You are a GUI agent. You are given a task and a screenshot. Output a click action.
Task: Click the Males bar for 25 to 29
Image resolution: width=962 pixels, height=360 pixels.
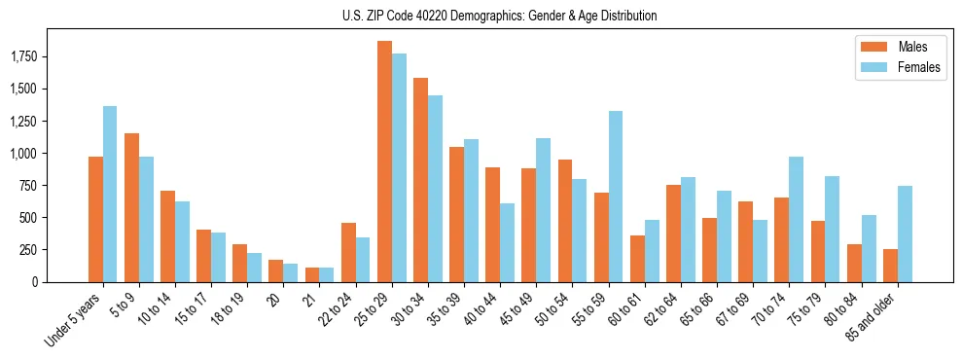click(x=384, y=162)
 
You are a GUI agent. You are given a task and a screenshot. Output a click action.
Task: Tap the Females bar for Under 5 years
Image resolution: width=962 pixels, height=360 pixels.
click(x=110, y=194)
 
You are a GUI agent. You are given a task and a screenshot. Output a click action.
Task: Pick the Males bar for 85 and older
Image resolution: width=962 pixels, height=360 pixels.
click(x=889, y=265)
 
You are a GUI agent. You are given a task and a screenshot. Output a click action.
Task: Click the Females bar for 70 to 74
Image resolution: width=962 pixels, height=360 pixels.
click(x=796, y=219)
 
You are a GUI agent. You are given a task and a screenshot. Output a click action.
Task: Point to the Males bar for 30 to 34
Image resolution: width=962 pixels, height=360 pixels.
click(x=420, y=180)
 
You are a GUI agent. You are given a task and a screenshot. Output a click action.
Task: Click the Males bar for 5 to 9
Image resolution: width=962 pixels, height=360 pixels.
click(x=131, y=207)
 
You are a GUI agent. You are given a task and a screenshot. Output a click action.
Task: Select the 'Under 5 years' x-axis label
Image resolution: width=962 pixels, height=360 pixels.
click(x=73, y=317)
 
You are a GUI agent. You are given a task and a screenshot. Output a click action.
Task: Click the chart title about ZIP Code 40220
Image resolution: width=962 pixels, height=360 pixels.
click(x=499, y=16)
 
